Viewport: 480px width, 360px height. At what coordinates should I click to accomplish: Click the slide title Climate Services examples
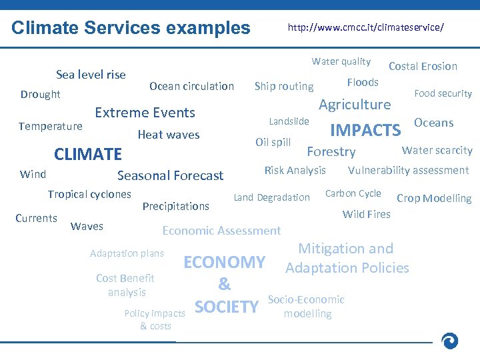click(x=131, y=28)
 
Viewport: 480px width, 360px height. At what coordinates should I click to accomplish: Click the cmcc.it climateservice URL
click(x=365, y=28)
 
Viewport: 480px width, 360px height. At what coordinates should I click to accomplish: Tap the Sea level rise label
click(x=91, y=75)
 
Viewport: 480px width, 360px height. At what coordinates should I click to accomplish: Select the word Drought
click(x=40, y=95)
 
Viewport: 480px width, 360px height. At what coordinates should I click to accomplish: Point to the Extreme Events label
click(x=145, y=113)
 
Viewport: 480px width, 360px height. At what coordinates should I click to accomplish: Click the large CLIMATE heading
click(x=88, y=155)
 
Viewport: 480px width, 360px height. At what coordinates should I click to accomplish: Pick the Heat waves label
click(x=168, y=135)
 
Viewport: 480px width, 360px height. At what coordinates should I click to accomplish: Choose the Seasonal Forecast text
click(x=170, y=176)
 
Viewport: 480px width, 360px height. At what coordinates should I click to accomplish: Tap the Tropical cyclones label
click(x=89, y=195)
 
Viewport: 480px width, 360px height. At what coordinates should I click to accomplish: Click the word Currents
click(x=37, y=218)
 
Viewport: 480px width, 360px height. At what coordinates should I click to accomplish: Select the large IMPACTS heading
click(x=365, y=130)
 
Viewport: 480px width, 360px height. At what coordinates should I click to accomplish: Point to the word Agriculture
click(x=355, y=105)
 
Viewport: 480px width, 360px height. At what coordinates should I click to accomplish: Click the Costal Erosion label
click(x=423, y=66)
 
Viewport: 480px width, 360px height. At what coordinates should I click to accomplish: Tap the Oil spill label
click(x=273, y=142)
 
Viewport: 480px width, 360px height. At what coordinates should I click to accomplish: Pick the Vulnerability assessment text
click(x=408, y=171)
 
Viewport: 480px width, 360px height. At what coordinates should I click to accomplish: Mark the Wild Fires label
click(x=366, y=214)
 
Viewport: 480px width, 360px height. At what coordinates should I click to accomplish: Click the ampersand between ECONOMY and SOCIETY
click(x=225, y=285)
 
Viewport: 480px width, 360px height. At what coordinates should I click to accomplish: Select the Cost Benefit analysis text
click(x=125, y=285)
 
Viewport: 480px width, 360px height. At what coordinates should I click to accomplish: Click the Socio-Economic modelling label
click(x=307, y=307)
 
